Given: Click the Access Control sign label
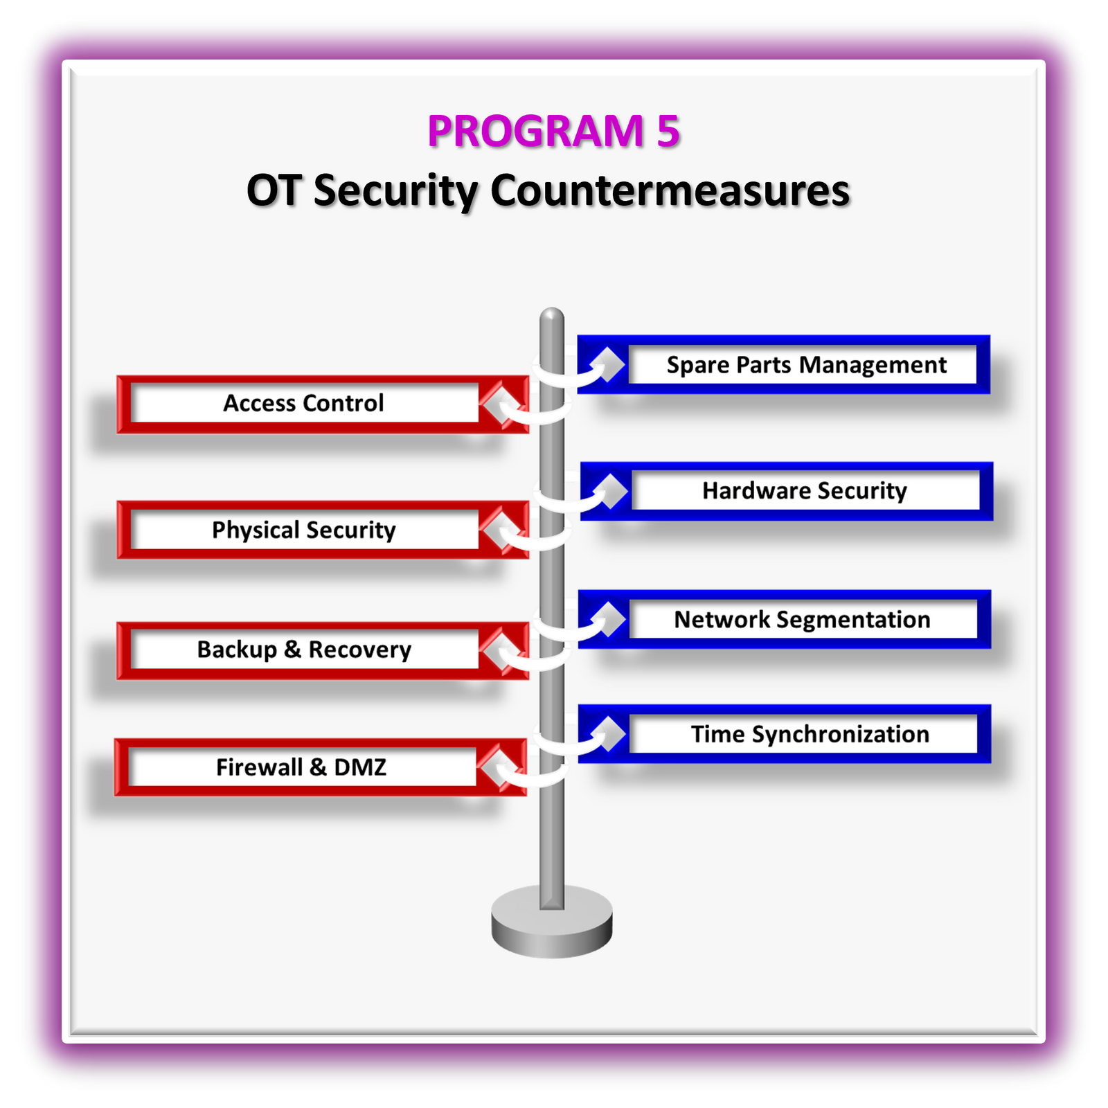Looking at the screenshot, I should point(303,403).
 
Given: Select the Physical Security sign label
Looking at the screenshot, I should point(303,530).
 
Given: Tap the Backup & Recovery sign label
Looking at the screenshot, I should point(303,650).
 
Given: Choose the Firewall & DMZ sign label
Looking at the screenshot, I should point(301,767).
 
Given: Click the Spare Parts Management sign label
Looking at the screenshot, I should point(806,365).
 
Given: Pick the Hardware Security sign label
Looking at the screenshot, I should point(804,491).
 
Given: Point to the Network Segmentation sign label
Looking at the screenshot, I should point(802,620).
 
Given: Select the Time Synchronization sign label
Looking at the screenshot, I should point(810,734).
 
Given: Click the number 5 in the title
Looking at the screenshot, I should point(668,131).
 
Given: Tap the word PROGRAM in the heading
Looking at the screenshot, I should point(535,131).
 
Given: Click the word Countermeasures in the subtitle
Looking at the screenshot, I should point(670,190).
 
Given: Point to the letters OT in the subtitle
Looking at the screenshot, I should point(274,190).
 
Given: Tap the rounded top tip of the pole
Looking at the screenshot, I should point(552,317).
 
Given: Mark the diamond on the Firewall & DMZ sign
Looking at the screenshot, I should point(497,767).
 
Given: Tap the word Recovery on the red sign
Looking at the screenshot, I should point(359,650).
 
